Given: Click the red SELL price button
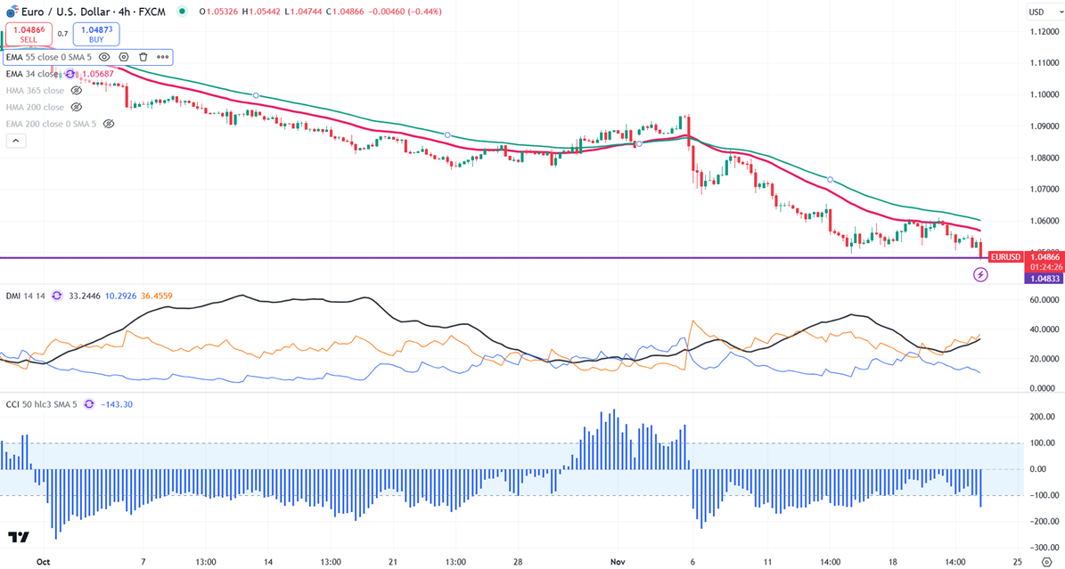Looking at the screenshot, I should (x=29, y=34).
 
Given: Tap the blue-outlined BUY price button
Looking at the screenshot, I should (x=96, y=34).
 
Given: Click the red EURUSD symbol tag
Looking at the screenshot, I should (x=1004, y=257).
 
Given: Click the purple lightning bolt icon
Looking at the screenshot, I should (x=980, y=275).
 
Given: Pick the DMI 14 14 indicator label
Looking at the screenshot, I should (x=26, y=295).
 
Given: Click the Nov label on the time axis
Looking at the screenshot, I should (x=618, y=563).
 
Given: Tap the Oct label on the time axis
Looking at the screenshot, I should (x=42, y=563).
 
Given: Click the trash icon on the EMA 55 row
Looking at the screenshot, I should (x=143, y=57).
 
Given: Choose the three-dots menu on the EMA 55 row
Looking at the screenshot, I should (x=162, y=57).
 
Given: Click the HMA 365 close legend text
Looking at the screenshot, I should (x=35, y=90).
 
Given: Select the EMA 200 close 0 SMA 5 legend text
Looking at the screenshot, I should (x=51, y=124).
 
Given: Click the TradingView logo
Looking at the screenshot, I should (x=19, y=537).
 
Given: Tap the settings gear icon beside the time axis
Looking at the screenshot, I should (x=1045, y=563).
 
